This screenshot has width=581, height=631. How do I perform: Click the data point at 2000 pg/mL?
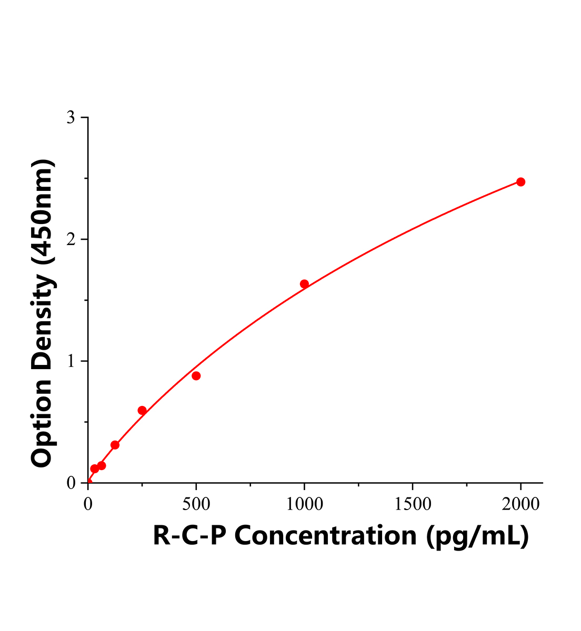(x=520, y=182)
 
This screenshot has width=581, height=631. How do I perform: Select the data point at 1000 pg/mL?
(x=304, y=284)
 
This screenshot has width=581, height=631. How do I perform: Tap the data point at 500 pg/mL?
(x=196, y=375)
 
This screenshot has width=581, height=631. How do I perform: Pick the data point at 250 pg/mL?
(x=142, y=410)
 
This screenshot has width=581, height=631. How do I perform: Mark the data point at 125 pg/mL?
(x=115, y=445)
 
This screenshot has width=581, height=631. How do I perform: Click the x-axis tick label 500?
(x=196, y=504)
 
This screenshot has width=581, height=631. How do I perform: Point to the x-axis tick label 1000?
(x=304, y=504)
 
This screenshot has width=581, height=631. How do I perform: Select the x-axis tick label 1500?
(x=412, y=504)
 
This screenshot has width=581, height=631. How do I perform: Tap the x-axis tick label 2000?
(x=520, y=504)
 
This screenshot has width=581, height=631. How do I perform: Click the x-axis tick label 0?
(x=88, y=504)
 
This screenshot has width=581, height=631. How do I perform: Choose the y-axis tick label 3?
(x=71, y=118)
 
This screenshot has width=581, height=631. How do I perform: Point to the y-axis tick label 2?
(x=71, y=240)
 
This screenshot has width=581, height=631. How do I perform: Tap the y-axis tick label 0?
(x=71, y=483)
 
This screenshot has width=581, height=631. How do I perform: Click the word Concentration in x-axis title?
(x=326, y=536)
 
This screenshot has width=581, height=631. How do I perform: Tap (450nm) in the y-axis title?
(x=43, y=212)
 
